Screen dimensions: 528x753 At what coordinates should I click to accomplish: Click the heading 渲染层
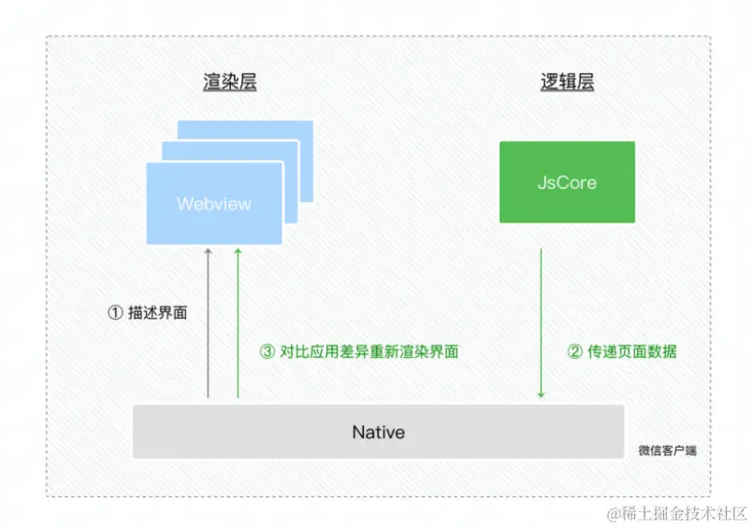(x=229, y=82)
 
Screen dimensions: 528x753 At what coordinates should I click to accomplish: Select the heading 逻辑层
(x=567, y=82)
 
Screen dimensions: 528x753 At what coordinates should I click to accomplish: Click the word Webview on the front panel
(x=214, y=204)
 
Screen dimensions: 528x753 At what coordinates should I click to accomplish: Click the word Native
(x=378, y=432)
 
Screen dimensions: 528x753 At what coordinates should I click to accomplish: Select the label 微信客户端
(x=667, y=450)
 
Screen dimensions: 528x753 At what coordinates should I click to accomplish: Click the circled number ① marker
(x=116, y=313)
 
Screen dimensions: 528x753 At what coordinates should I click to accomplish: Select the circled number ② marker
(x=575, y=352)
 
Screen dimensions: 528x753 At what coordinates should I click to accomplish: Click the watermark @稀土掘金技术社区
(x=676, y=513)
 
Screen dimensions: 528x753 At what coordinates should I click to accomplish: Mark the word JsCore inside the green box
(x=567, y=182)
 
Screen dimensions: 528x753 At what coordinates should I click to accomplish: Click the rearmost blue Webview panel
(x=271, y=129)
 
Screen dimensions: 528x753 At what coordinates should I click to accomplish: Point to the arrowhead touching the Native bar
(x=541, y=395)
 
